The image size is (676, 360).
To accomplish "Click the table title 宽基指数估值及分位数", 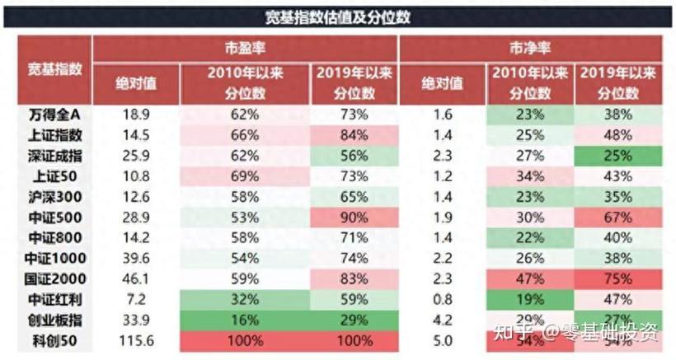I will (338, 16).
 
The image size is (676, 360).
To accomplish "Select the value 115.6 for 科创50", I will (136, 339).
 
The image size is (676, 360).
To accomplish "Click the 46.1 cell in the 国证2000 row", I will (136, 279).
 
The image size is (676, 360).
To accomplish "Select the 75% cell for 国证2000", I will (617, 279).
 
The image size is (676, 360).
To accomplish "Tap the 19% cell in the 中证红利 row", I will (529, 300).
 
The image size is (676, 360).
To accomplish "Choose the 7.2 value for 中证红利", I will (136, 300).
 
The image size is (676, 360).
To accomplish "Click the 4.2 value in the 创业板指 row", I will (443, 320).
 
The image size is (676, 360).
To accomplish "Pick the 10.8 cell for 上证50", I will (136, 176).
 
